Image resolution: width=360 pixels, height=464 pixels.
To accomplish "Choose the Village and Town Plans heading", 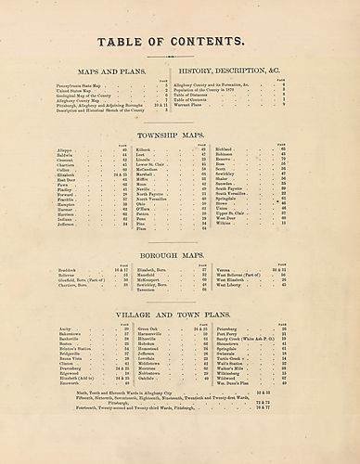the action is click(180, 315).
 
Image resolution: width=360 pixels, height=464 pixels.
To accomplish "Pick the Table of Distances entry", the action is click(193, 94).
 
